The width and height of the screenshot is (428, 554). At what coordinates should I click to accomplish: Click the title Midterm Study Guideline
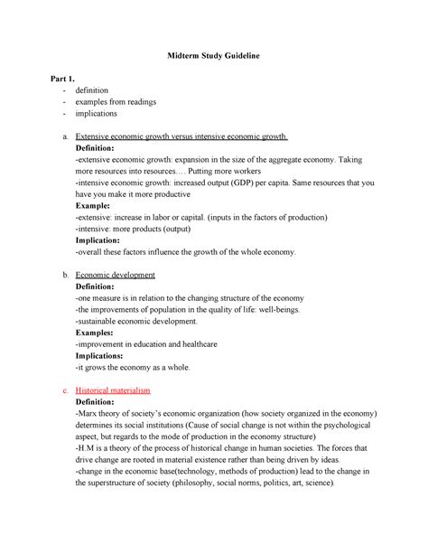click(x=214, y=57)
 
